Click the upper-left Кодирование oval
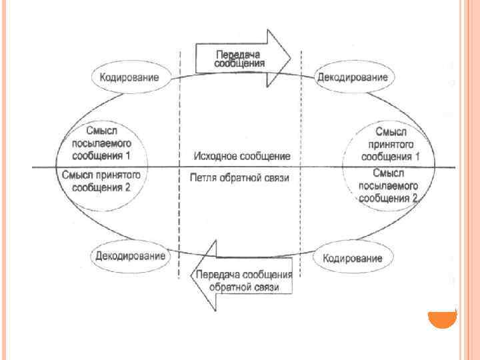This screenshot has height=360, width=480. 129,77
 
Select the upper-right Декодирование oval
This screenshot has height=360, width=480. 352,77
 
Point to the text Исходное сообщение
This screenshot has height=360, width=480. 241,156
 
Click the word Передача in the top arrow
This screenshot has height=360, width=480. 239,53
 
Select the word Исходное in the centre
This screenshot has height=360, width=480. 213,156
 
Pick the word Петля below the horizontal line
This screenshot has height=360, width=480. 203,178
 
